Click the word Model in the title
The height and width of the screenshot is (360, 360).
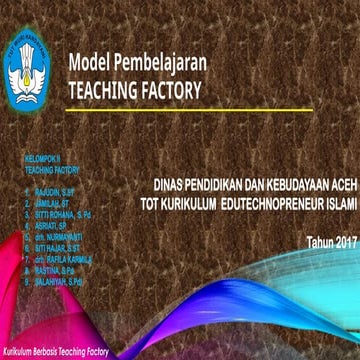pos(88,63)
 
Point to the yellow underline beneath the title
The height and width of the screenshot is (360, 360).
pos(139,103)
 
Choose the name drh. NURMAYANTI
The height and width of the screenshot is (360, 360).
pos(59,237)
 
